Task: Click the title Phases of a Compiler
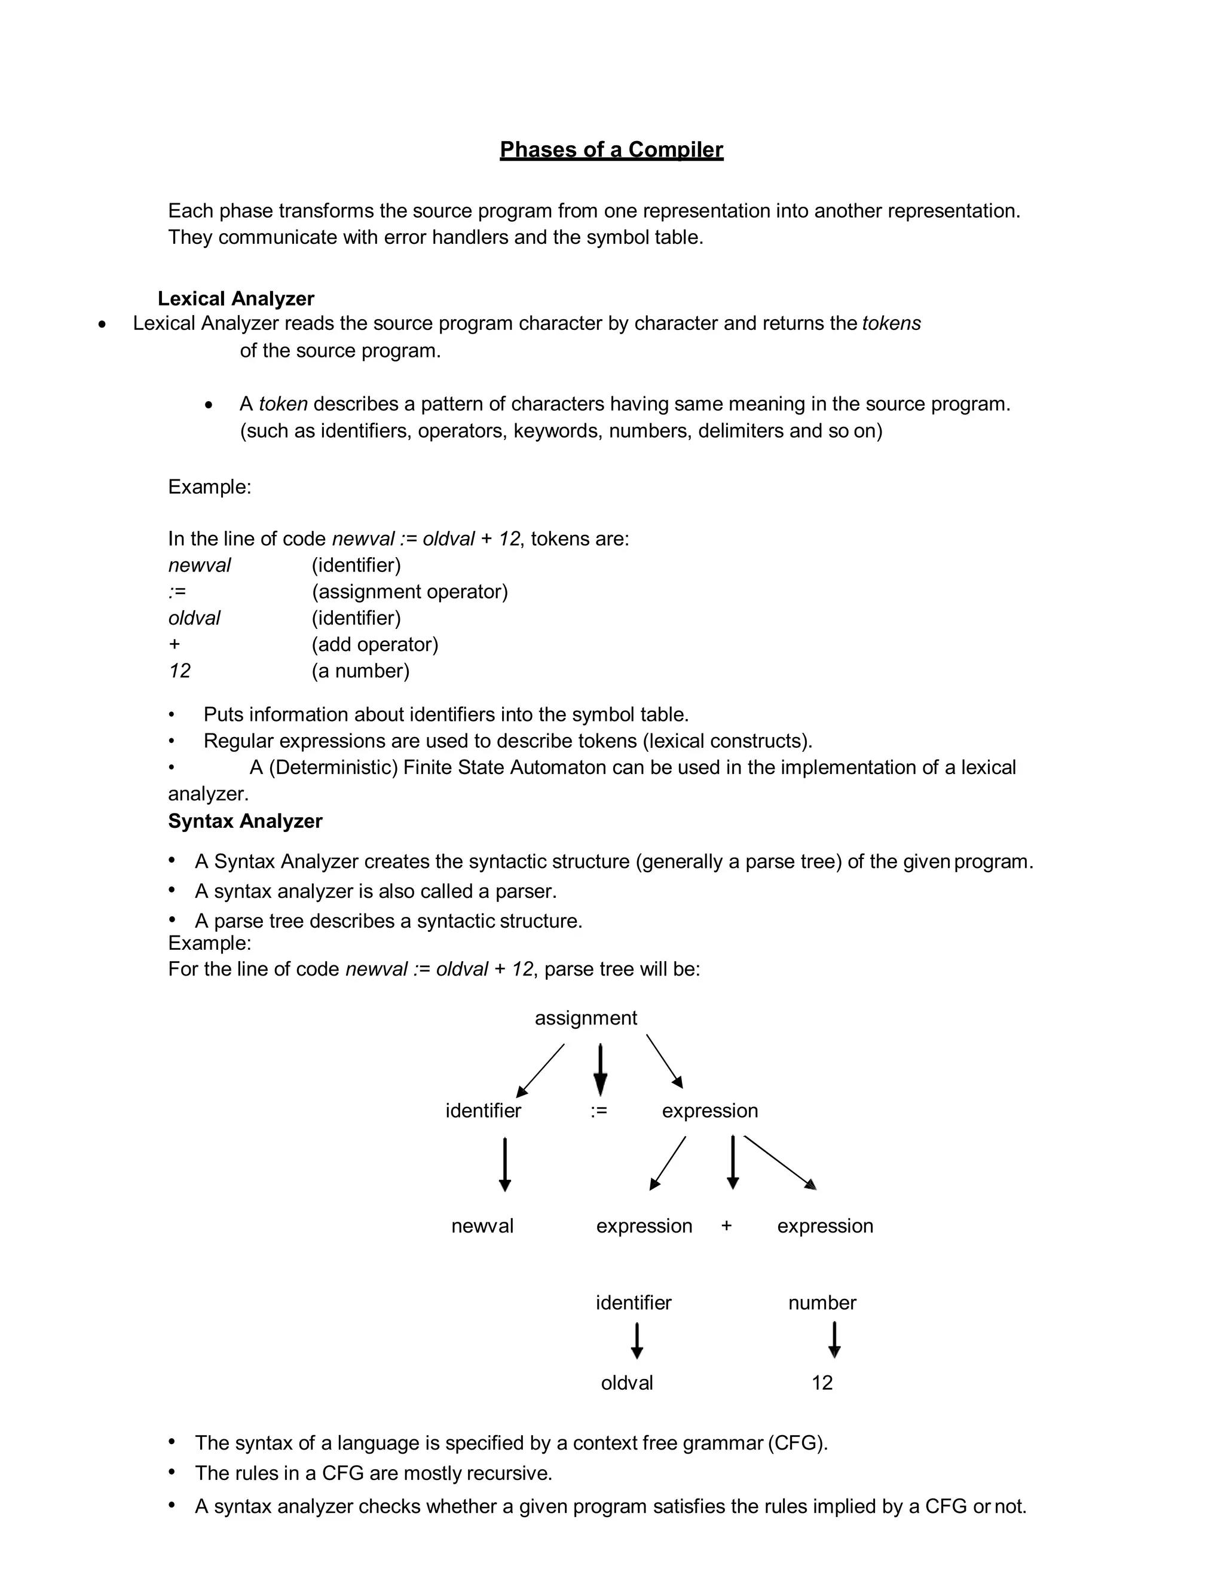[x=611, y=149]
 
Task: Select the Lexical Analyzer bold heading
[x=235, y=299]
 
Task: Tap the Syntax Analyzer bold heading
[x=245, y=821]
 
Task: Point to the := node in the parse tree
[x=599, y=1111]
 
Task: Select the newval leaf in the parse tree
[x=482, y=1226]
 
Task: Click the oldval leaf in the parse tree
[x=626, y=1383]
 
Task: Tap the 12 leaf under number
[x=822, y=1383]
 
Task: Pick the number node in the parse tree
[x=822, y=1302]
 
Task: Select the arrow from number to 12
[x=834, y=1340]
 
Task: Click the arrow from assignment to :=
[x=601, y=1069]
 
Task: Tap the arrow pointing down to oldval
[x=637, y=1340]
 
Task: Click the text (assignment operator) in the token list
[x=409, y=592]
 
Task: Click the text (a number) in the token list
[x=360, y=671]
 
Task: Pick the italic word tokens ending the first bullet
[x=891, y=323]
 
